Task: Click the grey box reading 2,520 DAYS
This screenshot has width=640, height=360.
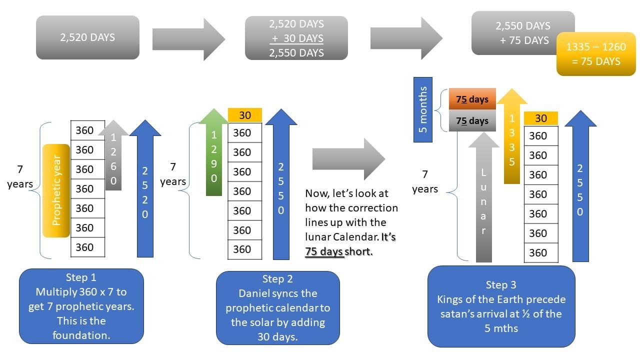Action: pyautogui.click(x=87, y=37)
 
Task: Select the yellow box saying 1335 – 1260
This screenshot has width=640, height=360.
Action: pyautogui.click(x=596, y=54)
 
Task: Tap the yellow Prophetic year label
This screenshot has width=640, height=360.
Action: pyautogui.click(x=56, y=190)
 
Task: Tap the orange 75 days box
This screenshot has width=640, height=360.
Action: pyautogui.click(x=472, y=99)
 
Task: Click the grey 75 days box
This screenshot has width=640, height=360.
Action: pyautogui.click(x=472, y=121)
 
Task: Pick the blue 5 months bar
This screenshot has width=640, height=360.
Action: pyautogui.click(x=423, y=109)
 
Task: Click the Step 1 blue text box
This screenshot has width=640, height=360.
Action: pyautogui.click(x=81, y=306)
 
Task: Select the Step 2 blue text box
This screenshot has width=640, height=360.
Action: pyautogui.click(x=277, y=308)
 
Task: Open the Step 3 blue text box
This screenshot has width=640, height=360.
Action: pyautogui.click(x=501, y=306)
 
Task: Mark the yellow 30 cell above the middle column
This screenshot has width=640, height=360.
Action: pyautogui.click(x=244, y=115)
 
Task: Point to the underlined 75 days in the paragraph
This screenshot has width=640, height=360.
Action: pyautogui.click(x=324, y=251)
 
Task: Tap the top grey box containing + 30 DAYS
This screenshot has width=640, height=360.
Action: pyautogui.click(x=296, y=38)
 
